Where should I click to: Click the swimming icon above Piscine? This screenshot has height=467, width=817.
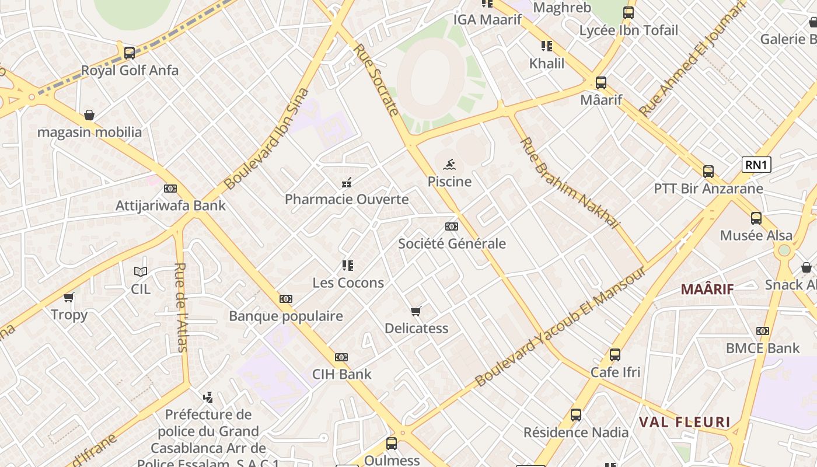tap(449, 165)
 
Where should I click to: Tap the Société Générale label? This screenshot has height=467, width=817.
tap(452, 243)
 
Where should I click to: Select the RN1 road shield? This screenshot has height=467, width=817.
tap(756, 165)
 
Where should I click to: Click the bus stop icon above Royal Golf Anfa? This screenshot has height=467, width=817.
tap(130, 53)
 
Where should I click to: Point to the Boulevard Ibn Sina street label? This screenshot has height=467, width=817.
tap(266, 139)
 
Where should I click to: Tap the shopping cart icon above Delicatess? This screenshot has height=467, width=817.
tap(416, 311)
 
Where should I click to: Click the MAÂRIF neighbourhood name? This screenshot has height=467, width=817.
tap(707, 289)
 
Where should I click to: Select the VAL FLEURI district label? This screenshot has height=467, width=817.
tap(685, 422)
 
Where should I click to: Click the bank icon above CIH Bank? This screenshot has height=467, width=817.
tap(341, 357)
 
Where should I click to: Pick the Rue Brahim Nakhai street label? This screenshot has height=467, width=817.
tap(568, 183)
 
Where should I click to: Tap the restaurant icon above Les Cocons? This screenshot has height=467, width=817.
tap(348, 266)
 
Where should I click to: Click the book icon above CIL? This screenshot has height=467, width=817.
tap(141, 271)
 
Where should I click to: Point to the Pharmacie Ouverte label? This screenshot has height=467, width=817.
tap(347, 200)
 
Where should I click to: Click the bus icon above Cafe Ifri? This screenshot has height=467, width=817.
tap(615, 355)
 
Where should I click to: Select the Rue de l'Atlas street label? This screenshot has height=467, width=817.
tap(181, 307)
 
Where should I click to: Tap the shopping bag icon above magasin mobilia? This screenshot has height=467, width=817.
tap(89, 115)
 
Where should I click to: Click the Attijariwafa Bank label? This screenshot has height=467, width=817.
tap(170, 205)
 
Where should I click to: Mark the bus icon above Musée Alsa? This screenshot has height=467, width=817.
tap(756, 218)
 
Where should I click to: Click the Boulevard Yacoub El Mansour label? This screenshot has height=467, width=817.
tap(560, 327)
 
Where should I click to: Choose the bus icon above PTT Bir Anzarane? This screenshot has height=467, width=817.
tap(708, 172)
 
